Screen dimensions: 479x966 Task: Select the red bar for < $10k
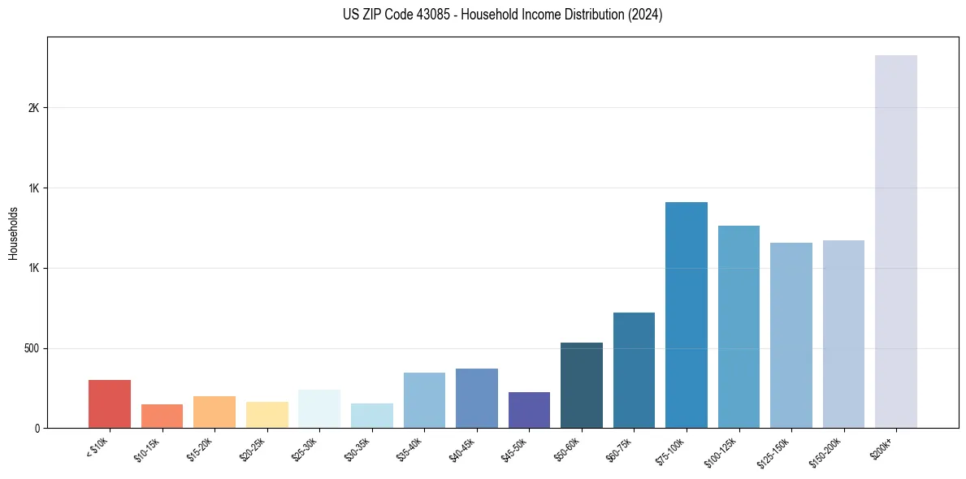[x=110, y=403]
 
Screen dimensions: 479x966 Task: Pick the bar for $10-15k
[x=162, y=416]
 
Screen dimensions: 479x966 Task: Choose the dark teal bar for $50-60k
[x=581, y=385]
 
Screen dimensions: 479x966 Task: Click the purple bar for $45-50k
[x=529, y=410]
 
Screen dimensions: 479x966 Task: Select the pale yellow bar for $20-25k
[x=266, y=415]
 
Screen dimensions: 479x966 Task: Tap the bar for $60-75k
[x=634, y=370]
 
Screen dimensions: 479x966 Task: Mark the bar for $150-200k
[x=843, y=334]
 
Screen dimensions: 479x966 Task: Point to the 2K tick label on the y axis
[x=32, y=108]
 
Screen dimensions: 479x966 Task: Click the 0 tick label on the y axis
[x=37, y=428]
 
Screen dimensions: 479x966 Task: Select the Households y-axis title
[x=13, y=233]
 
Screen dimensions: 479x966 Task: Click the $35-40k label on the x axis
[x=412, y=448]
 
